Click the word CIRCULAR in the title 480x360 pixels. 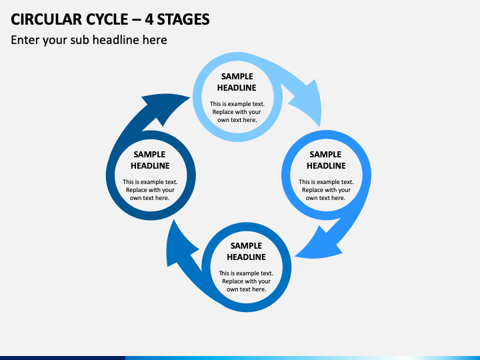46,19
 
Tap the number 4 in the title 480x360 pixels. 149,19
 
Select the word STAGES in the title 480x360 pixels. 183,19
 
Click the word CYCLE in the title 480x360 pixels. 107,19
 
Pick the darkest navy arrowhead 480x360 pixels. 165,108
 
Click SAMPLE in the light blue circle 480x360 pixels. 237,77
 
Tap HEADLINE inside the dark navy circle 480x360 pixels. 150,165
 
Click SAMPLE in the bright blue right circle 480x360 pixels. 325,154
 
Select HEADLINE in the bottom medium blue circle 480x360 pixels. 246,257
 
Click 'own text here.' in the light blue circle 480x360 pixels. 237,120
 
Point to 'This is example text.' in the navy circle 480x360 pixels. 150,182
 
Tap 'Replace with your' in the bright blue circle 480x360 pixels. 326,190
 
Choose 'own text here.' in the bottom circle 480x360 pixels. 246,289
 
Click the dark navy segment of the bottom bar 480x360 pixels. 63,358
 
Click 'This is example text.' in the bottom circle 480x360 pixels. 246,273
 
